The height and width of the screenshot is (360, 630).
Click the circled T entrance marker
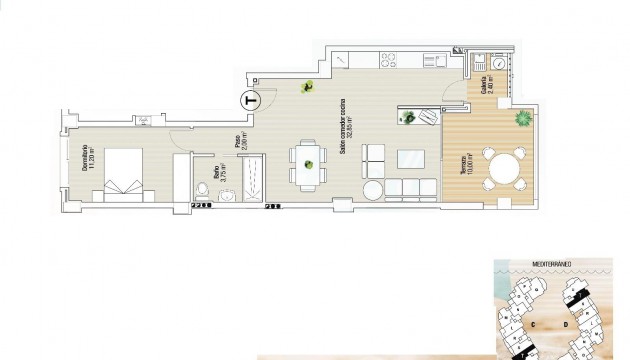250,99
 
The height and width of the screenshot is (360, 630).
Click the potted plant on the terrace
522,121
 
